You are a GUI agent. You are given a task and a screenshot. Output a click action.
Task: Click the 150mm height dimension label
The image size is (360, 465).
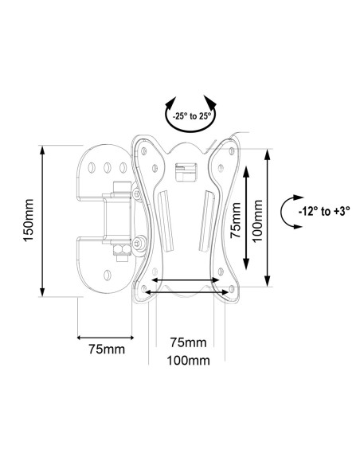(x=28, y=221)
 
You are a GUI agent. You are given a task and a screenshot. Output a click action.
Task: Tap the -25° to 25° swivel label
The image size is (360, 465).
(x=192, y=115)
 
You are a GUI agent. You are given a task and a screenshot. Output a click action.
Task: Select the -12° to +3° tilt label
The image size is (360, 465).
(x=324, y=212)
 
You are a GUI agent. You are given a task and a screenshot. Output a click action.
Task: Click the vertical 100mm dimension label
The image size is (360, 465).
(x=257, y=221)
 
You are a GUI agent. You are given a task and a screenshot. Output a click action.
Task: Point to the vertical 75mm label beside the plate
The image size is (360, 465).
(x=236, y=221)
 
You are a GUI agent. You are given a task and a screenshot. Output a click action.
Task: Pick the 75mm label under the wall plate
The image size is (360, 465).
(x=107, y=349)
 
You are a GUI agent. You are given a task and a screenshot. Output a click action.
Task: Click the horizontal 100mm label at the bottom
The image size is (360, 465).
(x=188, y=361)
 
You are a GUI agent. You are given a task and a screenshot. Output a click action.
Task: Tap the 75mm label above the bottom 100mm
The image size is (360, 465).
(x=188, y=342)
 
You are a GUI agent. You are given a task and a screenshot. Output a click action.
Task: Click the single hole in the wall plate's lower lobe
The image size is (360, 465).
(x=108, y=275)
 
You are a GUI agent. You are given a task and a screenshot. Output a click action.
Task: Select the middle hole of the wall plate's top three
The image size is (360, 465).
(x=108, y=168)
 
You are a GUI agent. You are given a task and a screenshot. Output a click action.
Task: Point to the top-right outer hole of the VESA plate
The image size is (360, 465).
(x=232, y=151)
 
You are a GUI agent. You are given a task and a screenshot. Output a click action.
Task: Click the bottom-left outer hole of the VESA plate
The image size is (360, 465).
(x=144, y=288)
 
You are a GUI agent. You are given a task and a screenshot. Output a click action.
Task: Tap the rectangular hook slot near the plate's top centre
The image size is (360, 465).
(x=186, y=172)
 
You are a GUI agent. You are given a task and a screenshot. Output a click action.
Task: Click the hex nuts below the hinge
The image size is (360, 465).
(x=122, y=250)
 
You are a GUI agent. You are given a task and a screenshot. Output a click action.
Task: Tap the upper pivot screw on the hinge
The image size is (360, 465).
(x=136, y=194)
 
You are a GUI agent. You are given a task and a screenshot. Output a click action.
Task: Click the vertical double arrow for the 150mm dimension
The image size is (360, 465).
(x=42, y=221)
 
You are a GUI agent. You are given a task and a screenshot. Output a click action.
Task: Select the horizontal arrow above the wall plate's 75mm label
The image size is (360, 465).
(x=105, y=337)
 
